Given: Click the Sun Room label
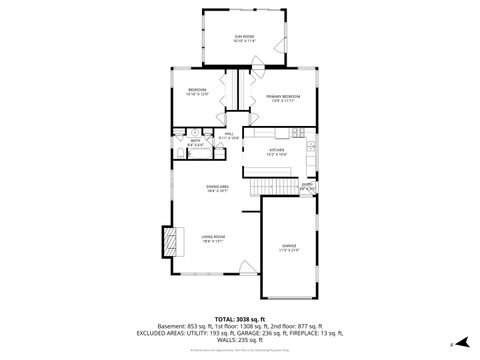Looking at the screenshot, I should coord(245,37).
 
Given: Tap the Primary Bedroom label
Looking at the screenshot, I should coord(283,99).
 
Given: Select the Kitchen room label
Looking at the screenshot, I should coord(276,153).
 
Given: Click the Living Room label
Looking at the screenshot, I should coord(213,238).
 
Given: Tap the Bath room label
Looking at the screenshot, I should coord(195,142).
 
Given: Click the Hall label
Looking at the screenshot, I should coord(229,136).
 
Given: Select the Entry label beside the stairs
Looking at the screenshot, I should coord(308,185).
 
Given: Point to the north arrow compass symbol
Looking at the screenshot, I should coord(452,343).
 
